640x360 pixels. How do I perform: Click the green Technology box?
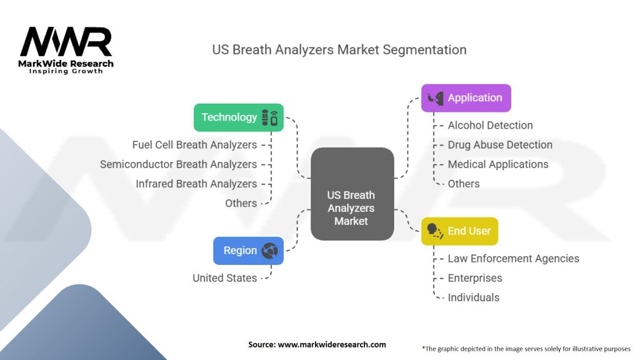click(239, 117)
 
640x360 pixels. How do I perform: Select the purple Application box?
click(466, 98)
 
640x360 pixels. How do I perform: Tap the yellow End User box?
click(459, 231)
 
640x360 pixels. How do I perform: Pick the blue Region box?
click(248, 251)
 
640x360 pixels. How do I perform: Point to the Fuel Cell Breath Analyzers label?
click(194, 145)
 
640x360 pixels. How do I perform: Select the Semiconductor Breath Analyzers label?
click(178, 164)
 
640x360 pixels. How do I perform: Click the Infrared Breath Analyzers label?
click(196, 184)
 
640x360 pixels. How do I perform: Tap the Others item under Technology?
click(241, 203)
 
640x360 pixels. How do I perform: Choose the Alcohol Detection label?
click(490, 126)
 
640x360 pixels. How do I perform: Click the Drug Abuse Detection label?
click(500, 145)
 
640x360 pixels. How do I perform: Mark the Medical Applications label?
click(498, 164)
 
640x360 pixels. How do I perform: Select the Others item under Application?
click(464, 184)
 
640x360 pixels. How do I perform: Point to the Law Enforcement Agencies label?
click(513, 259)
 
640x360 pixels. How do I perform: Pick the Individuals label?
click(473, 297)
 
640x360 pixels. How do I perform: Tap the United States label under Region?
click(224, 278)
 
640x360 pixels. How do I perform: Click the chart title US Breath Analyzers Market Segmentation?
click(339, 49)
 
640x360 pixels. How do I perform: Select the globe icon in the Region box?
click(270, 251)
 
